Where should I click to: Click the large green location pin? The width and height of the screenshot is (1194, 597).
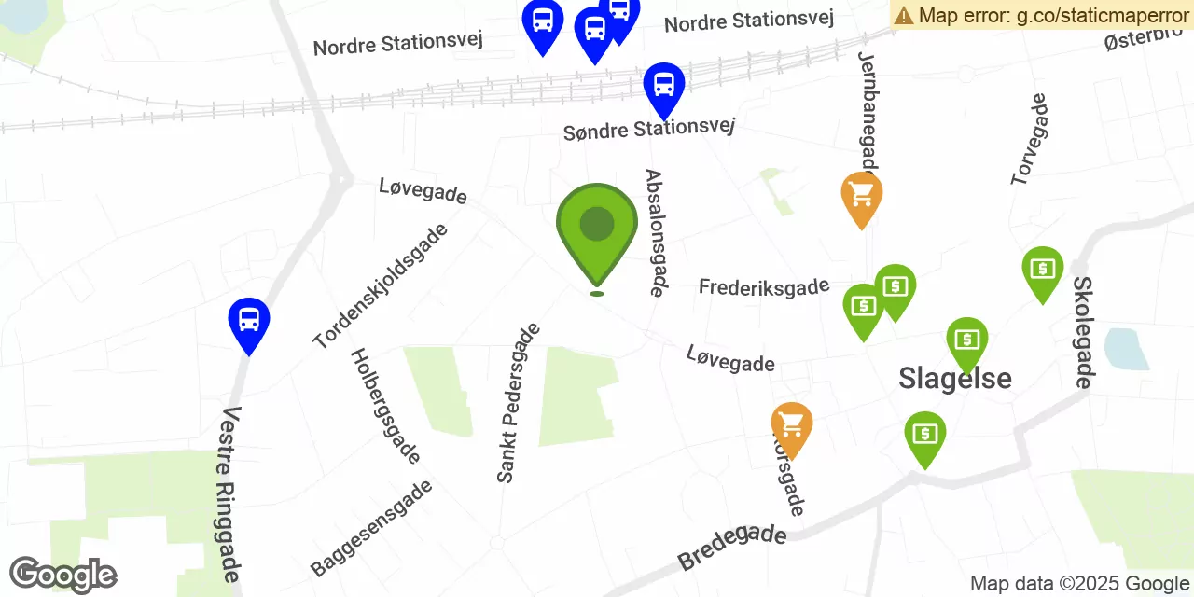pos(597,229)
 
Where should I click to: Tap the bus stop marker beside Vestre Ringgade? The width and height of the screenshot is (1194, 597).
pos(249,322)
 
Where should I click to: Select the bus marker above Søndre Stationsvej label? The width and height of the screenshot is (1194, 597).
pos(664,87)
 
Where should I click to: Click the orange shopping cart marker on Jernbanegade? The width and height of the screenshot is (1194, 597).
pos(862,196)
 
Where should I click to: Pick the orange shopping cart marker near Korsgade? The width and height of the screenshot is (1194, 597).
pos(792,426)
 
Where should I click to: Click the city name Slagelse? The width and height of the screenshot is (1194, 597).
pos(955,378)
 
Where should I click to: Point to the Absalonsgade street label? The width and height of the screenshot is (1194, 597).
pos(655,232)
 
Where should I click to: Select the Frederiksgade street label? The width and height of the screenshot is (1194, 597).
pos(764,286)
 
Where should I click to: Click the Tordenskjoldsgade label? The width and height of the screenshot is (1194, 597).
pos(381,285)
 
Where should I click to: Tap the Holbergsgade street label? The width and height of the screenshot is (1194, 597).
pos(385,406)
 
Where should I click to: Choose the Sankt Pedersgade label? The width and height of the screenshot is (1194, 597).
pos(519,403)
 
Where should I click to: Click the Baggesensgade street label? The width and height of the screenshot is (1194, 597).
pos(371,528)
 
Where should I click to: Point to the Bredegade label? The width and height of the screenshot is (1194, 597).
pos(732,548)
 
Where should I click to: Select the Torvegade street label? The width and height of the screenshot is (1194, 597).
pos(1030,139)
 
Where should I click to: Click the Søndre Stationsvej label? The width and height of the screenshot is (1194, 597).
pos(649,129)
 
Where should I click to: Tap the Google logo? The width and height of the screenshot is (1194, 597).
pos(63,575)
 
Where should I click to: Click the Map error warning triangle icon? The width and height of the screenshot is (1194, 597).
pos(904,15)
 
